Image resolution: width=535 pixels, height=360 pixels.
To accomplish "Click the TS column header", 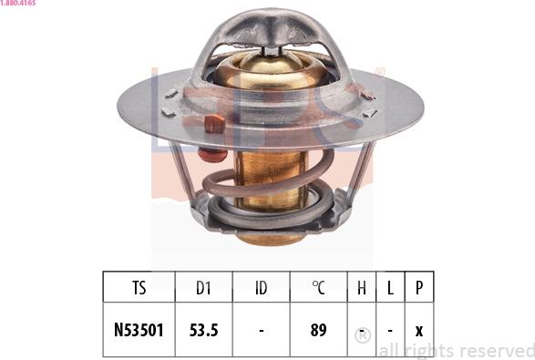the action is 139,287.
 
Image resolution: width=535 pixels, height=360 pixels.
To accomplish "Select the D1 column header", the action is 203,287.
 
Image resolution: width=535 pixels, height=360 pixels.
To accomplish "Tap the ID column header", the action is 261,287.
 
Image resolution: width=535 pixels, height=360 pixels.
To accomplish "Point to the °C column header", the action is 318,287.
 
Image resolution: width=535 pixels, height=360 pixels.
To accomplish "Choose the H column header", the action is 362,287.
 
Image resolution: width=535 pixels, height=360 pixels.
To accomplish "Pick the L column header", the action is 390,287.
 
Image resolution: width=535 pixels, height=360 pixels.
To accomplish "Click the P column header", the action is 419,288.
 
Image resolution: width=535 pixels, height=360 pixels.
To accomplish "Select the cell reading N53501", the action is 139,330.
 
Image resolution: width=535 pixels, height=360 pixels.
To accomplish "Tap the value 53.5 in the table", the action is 203,330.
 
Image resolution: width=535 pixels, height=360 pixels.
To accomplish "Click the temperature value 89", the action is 318,330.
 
